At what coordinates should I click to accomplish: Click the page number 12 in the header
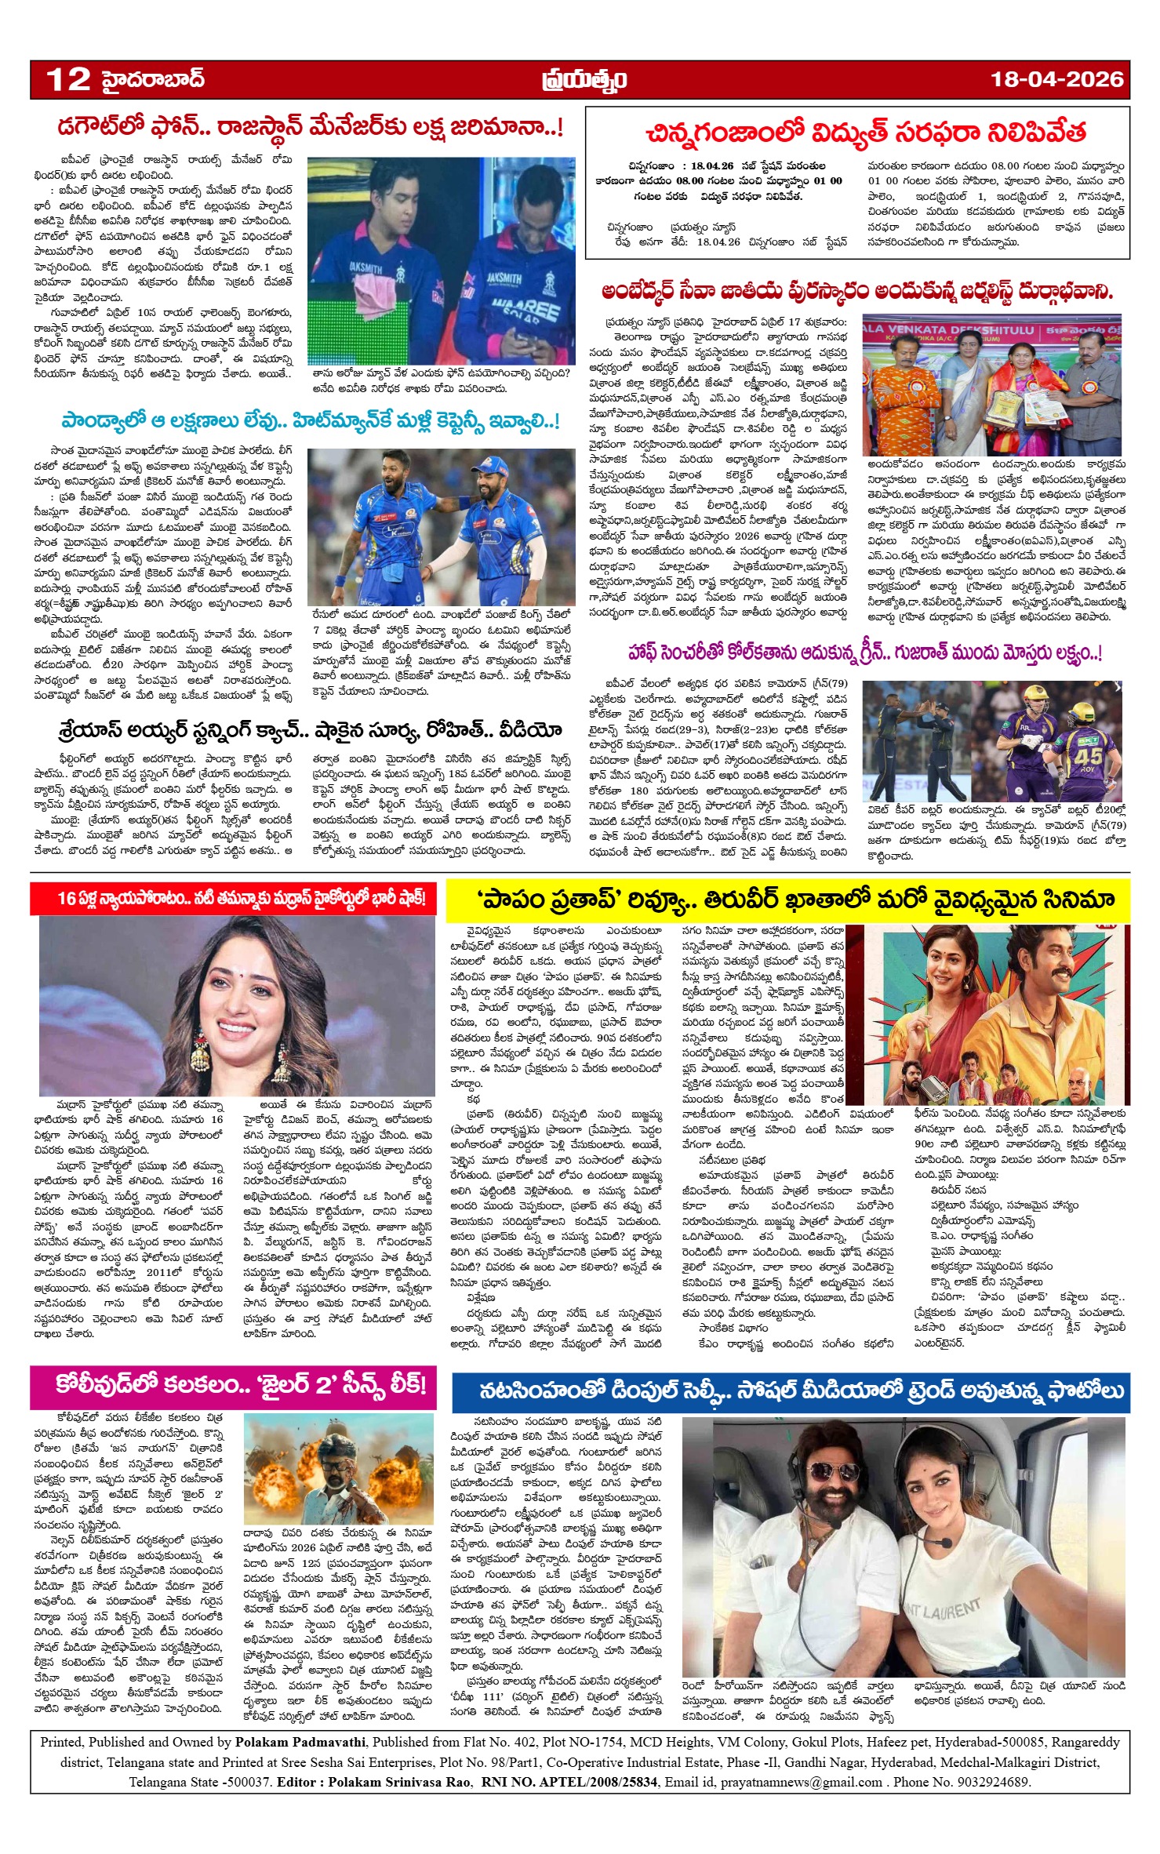[x=69, y=79]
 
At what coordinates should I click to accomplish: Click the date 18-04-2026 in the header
[x=1056, y=79]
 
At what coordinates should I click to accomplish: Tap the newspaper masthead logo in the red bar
[x=583, y=80]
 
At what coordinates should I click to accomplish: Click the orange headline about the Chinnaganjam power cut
[x=865, y=133]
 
